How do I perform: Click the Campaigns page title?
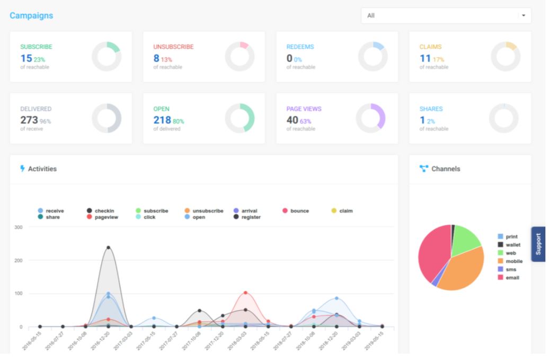tap(31, 16)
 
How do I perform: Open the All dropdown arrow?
tap(524, 16)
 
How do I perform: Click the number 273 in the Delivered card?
tap(29, 120)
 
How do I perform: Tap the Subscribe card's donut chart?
tap(107, 56)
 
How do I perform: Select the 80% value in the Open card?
tap(178, 121)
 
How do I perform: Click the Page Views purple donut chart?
tap(370, 118)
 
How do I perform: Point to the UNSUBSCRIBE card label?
tap(173, 47)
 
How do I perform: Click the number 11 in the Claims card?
tap(425, 58)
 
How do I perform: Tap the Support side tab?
tap(538, 244)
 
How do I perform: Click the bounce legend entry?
tap(299, 211)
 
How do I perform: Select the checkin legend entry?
tap(104, 211)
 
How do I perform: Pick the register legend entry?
tap(251, 217)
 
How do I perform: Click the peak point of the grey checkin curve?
tap(108, 248)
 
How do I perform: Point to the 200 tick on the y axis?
tap(19, 260)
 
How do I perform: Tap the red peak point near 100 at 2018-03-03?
tap(245, 293)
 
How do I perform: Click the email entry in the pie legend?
tap(512, 277)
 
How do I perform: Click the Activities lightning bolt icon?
tap(22, 169)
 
